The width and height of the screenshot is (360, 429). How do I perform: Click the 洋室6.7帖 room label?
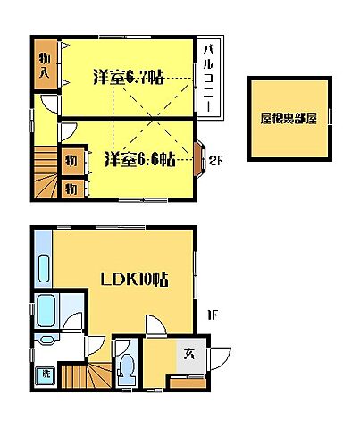click(128, 77)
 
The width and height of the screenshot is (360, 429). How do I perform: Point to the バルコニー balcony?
click(207, 78)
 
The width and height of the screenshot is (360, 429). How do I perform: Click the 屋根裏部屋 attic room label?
click(289, 118)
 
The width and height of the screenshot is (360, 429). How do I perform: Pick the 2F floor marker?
click(215, 161)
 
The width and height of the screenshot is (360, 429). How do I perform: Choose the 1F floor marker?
click(213, 314)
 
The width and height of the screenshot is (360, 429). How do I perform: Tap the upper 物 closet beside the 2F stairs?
click(71, 161)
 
